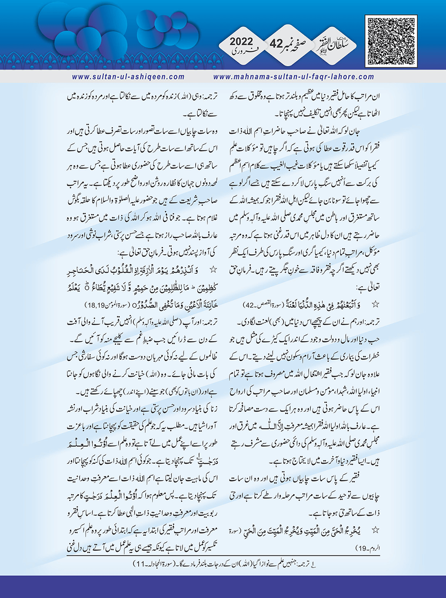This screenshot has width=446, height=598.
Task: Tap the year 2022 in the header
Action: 241,42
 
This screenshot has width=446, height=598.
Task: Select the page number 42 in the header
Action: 276,44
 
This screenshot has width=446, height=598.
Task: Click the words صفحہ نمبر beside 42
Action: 302,44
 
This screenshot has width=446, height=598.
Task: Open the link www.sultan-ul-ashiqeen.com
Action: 129,77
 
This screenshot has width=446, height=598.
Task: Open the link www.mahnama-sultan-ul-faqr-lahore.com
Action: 294,77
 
